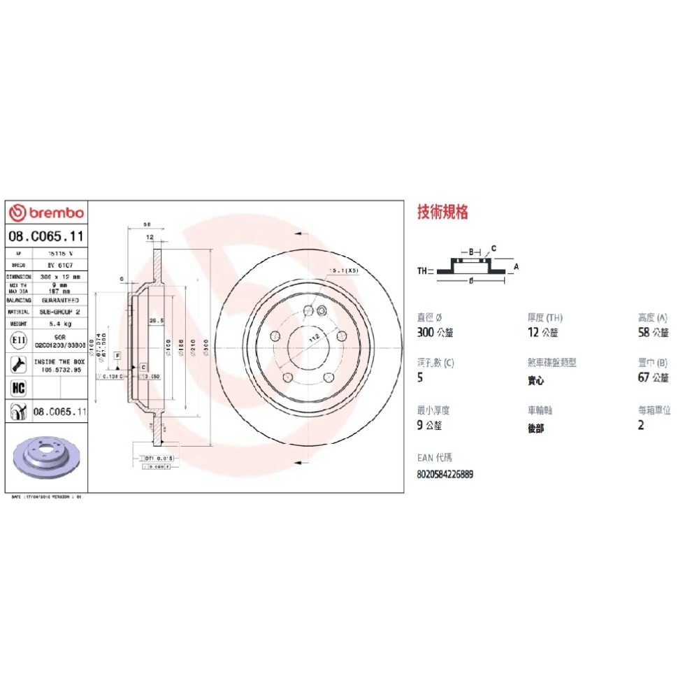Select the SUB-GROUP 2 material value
point(59,312)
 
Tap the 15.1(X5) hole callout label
point(345,271)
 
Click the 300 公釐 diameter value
point(435,333)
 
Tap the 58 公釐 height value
point(654,333)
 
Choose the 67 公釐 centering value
point(654,378)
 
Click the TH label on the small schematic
point(421,271)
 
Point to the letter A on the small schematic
point(517,266)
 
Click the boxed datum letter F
point(117,356)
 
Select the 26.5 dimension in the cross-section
point(156,320)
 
